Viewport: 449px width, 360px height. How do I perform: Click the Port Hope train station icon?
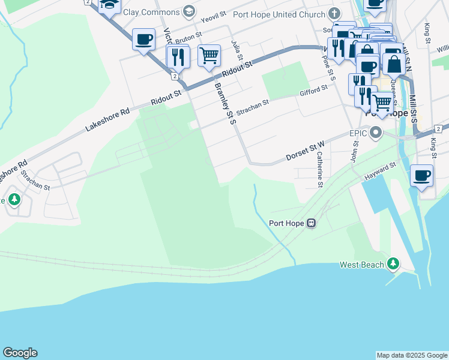(311, 224)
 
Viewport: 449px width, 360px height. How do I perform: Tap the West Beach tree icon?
(393, 263)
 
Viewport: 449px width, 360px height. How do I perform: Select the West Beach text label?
(362, 265)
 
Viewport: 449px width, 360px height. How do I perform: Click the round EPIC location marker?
(376, 132)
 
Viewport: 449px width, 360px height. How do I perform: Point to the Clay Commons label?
(151, 12)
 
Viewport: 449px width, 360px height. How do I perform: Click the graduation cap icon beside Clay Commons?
(190, 11)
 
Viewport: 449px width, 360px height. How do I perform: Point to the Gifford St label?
(313, 91)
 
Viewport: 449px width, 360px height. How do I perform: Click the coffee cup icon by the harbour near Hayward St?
(422, 175)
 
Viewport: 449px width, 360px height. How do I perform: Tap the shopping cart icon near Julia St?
(209, 56)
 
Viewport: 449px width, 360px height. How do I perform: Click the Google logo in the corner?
(20, 353)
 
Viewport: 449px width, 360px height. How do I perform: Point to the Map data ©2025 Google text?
(412, 355)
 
